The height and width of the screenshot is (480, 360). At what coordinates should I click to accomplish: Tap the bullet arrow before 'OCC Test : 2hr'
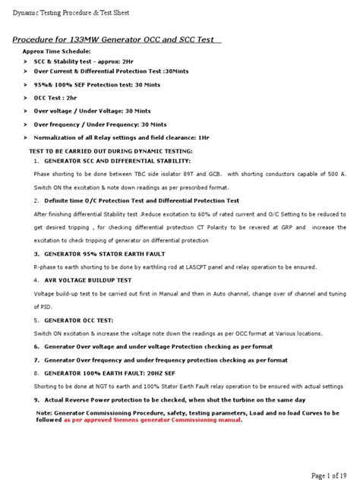26,98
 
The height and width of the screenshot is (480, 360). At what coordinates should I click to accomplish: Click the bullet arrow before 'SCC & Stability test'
26,69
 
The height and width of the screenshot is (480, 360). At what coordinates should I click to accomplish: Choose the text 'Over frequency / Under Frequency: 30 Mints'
100,124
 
